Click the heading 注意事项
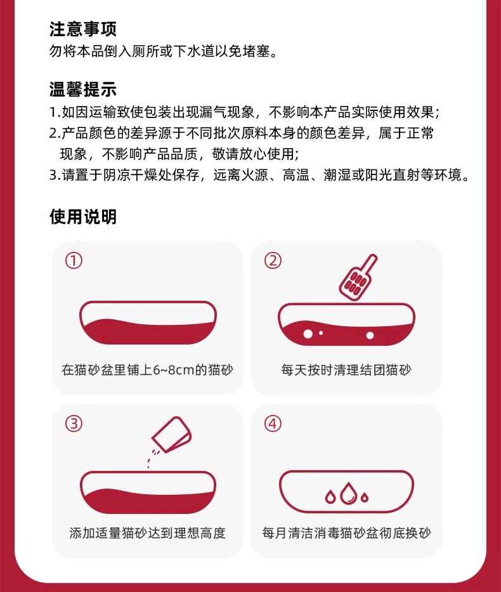coord(83,29)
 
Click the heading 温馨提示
coord(83,89)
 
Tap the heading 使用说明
coord(83,217)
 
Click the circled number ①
coord(74,261)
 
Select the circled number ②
coord(273,261)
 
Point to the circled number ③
coord(74,424)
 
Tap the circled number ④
coord(273,424)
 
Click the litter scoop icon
coord(357,278)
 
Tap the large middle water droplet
coord(349,493)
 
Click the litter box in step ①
coord(148,322)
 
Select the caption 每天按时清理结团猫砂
coord(346,370)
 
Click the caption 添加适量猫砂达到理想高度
coord(148,533)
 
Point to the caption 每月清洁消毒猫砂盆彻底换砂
coord(346,533)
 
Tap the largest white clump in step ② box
coord(308,334)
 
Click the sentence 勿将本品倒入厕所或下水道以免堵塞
coord(163,51)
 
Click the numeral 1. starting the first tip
coord(55,112)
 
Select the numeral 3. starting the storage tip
coord(55,175)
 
